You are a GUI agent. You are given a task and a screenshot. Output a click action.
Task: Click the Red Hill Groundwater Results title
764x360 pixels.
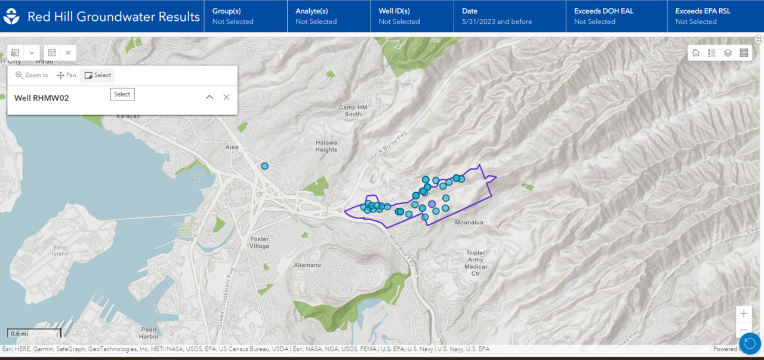(x=113, y=17)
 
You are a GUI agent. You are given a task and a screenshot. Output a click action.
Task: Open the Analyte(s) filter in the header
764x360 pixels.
(x=316, y=16)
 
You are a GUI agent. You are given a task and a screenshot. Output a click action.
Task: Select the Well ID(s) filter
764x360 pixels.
(x=399, y=16)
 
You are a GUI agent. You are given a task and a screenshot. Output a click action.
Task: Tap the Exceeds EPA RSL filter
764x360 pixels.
(x=703, y=16)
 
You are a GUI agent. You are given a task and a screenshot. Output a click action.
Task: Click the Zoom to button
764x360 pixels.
(x=32, y=75)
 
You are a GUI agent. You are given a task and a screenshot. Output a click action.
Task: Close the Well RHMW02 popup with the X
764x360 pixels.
(x=226, y=97)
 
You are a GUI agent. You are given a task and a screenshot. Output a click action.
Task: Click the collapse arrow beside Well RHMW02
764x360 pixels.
(x=210, y=97)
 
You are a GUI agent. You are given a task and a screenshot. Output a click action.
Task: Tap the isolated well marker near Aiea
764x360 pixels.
(x=265, y=166)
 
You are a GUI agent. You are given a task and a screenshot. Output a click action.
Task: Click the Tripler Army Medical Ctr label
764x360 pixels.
(x=475, y=263)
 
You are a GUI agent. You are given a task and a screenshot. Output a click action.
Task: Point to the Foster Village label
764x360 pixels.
(x=260, y=242)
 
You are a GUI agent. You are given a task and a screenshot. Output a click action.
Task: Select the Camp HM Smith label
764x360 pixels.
(x=350, y=110)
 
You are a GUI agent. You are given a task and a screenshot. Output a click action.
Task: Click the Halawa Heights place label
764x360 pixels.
(x=326, y=146)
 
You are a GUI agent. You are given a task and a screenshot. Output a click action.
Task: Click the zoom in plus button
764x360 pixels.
(x=743, y=313)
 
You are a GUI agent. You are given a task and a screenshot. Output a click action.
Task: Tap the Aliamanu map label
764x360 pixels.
(x=309, y=264)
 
